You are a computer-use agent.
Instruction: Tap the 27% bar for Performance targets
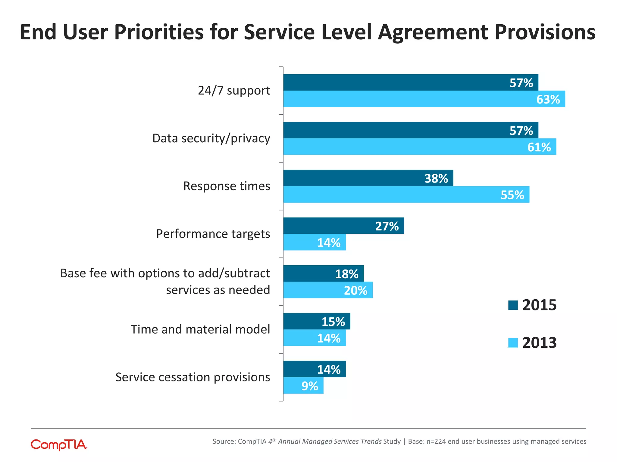pyautogui.click(x=343, y=226)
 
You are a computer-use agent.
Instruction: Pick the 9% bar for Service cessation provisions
pyautogui.click(x=303, y=386)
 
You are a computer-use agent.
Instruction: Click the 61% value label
pyautogui.click(x=539, y=147)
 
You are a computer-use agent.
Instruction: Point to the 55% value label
pyautogui.click(x=512, y=195)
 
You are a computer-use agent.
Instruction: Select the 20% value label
pyautogui.click(x=355, y=291)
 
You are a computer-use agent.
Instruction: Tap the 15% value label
pyautogui.click(x=333, y=322)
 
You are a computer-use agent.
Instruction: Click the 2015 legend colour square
pyautogui.click(x=513, y=305)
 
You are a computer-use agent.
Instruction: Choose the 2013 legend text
pyautogui.click(x=539, y=343)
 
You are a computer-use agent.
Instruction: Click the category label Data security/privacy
pyautogui.click(x=211, y=138)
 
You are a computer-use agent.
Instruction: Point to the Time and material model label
pyautogui.click(x=200, y=329)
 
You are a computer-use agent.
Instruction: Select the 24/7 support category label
pyautogui.click(x=234, y=91)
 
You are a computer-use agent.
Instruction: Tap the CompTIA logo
pyautogui.click(x=59, y=445)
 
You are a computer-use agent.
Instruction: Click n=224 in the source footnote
pyautogui.click(x=436, y=442)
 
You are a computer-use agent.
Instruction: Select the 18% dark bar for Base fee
pyautogui.click(x=323, y=274)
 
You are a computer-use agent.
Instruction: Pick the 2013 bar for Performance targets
pyautogui.click(x=314, y=242)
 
